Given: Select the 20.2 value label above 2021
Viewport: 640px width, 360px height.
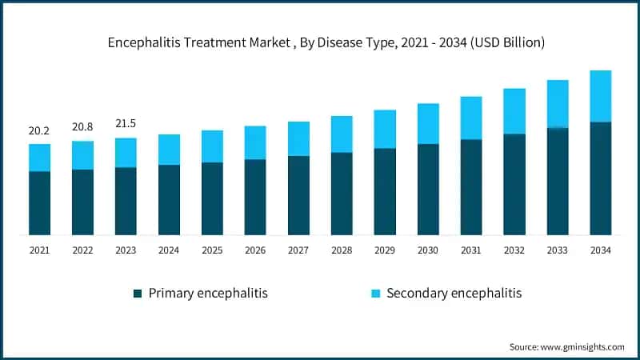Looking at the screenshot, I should click(39, 130).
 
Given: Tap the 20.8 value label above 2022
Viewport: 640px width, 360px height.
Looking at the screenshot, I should click(82, 127).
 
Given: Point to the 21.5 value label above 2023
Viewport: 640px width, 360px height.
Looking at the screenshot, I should click(126, 124).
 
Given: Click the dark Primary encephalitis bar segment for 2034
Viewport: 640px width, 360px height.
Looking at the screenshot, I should click(600, 178).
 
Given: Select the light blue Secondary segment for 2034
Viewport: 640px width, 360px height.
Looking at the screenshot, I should click(600, 96).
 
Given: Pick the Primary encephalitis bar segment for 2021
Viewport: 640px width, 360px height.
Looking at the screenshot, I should click(39, 203).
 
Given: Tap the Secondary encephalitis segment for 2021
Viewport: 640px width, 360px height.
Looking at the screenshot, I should click(39, 158).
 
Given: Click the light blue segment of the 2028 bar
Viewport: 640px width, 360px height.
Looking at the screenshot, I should click(342, 134).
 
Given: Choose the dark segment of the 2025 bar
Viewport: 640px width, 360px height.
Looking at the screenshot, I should click(212, 198).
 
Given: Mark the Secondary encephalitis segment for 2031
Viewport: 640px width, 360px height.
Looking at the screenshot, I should click(471, 118).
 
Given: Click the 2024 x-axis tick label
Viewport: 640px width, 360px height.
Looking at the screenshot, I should click(169, 250).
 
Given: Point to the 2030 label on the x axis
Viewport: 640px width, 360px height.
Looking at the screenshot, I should click(428, 250).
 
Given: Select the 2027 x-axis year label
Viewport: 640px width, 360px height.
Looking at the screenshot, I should click(298, 250).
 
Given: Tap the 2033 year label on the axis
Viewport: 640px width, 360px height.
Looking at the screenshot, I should click(558, 250).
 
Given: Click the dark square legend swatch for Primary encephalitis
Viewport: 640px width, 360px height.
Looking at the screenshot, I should click(138, 294).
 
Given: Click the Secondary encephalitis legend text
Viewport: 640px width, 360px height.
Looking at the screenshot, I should click(454, 294).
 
